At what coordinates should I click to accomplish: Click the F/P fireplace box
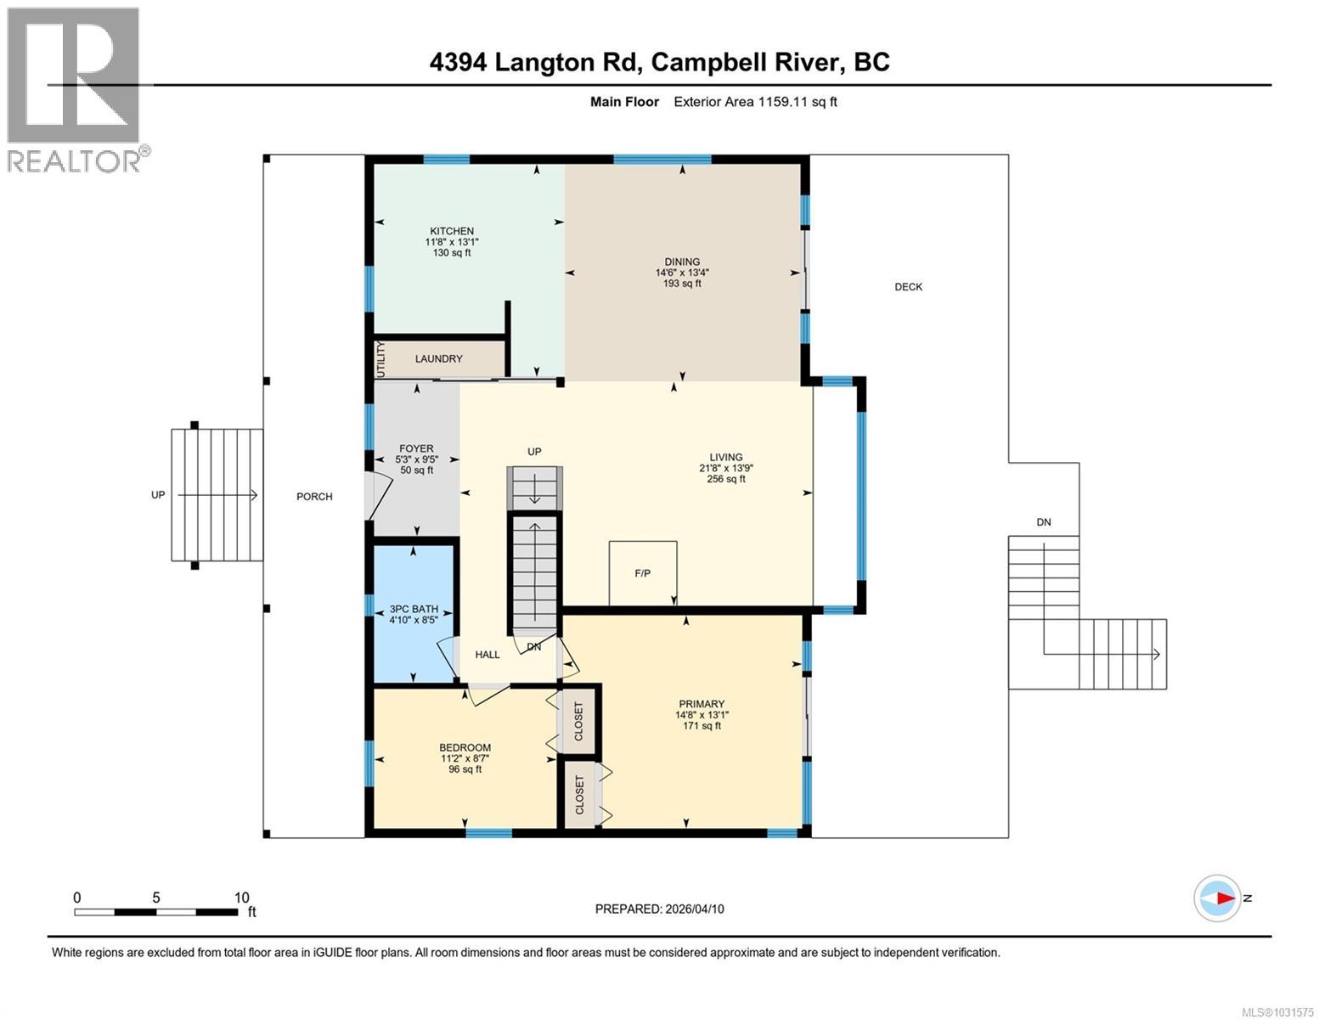[x=643, y=573]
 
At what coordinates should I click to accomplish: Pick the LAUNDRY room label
[x=438, y=358]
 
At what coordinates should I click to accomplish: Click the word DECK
[x=908, y=287]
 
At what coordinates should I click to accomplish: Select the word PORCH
[x=314, y=497]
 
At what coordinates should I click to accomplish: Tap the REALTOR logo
[x=75, y=89]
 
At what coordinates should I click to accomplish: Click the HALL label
[x=488, y=655]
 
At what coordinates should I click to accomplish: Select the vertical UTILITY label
[x=380, y=359]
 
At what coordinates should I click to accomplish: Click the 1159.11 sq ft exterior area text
[x=755, y=102]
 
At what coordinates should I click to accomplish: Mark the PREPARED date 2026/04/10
[x=659, y=909]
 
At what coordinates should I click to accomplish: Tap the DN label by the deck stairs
[x=1043, y=522]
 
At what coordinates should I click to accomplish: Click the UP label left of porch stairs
[x=158, y=495]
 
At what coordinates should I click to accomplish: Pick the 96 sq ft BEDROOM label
[x=465, y=758]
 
